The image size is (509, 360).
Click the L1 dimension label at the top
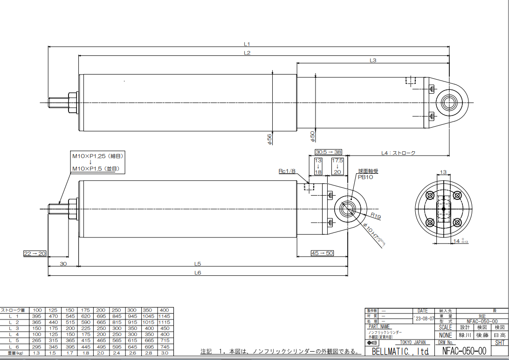coord(248,44)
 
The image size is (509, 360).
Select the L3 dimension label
coord(372,60)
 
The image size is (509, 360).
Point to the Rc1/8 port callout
coord(287,171)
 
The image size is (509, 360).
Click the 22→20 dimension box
coord(35,253)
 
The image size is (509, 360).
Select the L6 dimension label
coord(198,273)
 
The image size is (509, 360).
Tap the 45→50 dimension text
coord(323,253)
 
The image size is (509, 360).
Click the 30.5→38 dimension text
coord(329,152)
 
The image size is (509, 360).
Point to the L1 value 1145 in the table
coord(165,316)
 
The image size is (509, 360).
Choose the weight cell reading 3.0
coord(165,353)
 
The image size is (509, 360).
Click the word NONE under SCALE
coord(446,335)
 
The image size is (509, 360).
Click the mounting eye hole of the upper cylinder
coord(450,102)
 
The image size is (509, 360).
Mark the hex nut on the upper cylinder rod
coord(72,102)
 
